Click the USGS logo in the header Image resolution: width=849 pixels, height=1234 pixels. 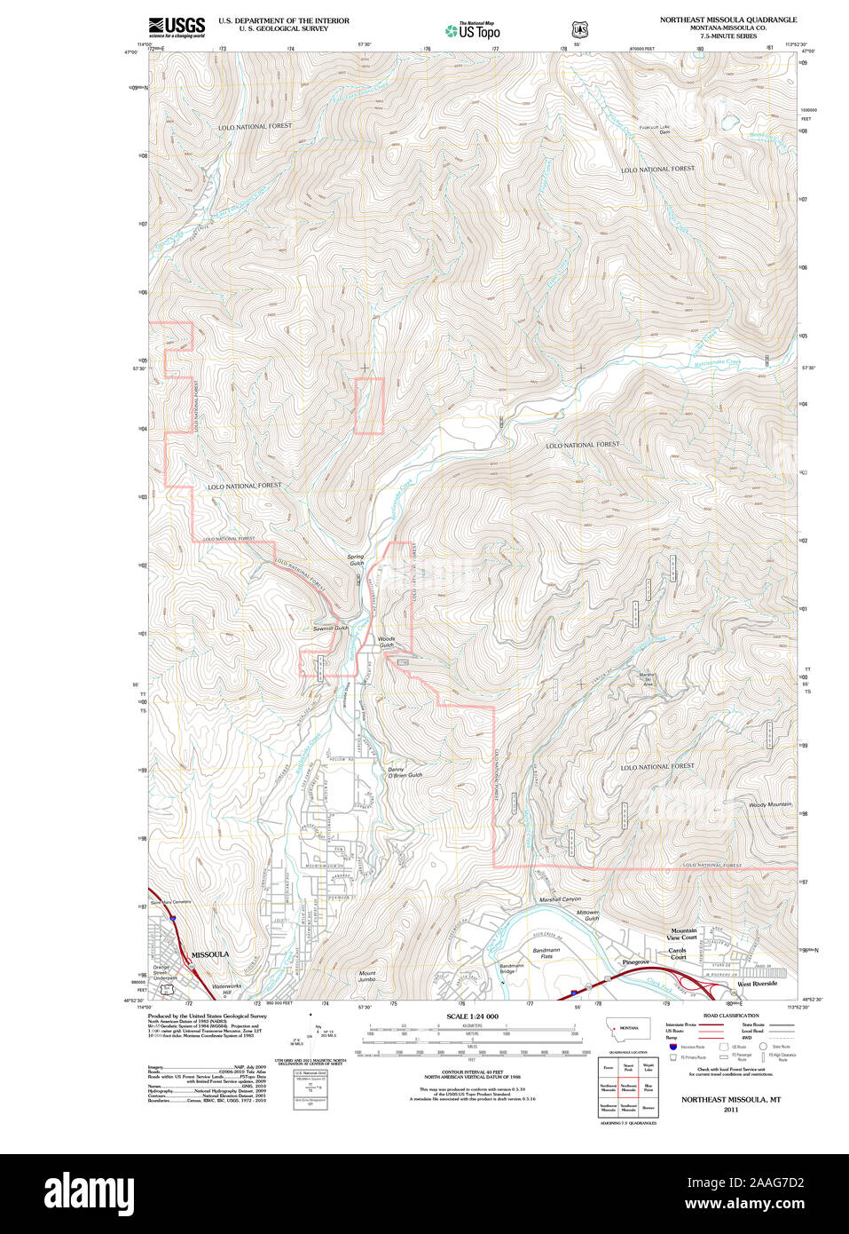177,27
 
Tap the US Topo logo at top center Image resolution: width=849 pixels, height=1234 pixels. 472,30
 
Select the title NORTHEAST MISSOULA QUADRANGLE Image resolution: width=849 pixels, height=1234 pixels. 727,20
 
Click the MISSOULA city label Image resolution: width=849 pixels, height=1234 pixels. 210,954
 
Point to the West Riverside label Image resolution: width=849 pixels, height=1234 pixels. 757,984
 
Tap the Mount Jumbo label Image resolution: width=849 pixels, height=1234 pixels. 367,977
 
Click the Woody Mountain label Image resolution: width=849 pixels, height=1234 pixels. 769,804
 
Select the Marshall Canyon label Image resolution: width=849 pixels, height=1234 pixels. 560,899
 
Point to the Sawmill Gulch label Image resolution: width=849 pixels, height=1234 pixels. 330,628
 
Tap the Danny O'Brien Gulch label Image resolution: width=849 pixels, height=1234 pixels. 405,771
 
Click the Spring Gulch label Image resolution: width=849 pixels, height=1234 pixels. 356,560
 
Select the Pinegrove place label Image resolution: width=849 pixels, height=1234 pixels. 635,962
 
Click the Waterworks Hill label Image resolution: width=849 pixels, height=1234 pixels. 226,988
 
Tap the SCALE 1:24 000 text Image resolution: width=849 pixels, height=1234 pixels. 472,1016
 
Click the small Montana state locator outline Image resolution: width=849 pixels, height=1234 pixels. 627,1029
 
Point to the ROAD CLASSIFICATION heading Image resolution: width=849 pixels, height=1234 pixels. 730,1016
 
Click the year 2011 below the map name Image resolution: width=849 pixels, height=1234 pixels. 730,1110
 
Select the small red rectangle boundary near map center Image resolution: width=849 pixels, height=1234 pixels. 369,407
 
